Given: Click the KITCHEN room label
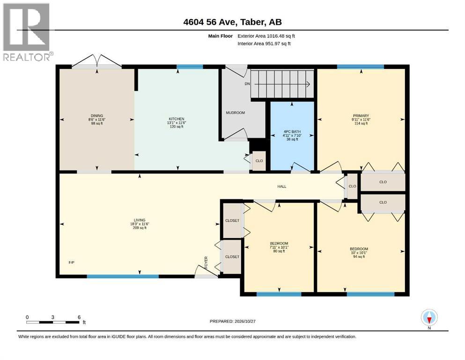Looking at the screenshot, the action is point(177,119).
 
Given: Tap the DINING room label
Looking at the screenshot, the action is point(97,116).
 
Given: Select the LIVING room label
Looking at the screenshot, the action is point(140,220).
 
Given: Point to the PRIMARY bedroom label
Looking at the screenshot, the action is point(361,116).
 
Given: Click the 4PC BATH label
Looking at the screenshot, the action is point(292,131).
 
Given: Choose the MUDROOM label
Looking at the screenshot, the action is point(236,113).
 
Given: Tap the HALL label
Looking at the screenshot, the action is point(282,187).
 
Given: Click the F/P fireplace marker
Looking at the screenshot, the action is point(72,262).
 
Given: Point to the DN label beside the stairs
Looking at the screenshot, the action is point(247,84).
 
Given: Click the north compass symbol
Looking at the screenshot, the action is point(429,318).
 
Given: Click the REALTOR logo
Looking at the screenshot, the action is point(27,32).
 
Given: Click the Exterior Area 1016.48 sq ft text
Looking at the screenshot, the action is point(266,36).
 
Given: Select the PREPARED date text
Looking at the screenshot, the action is point(232,321).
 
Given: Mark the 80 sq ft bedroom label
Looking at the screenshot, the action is point(279,251).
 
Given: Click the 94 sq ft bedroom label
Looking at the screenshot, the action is point(359,257).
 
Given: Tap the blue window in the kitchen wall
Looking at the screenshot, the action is point(190,67).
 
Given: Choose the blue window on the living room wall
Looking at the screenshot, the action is point(123,276).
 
